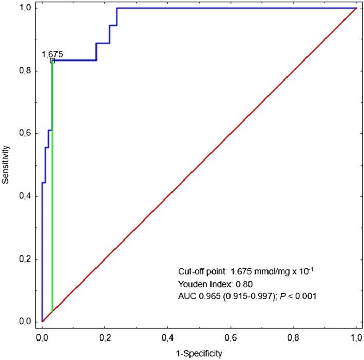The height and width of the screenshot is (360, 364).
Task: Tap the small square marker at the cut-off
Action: (52, 61)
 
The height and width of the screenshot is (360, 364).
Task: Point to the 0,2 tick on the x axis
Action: (105, 338)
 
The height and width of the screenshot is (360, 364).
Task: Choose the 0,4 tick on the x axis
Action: (168, 338)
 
